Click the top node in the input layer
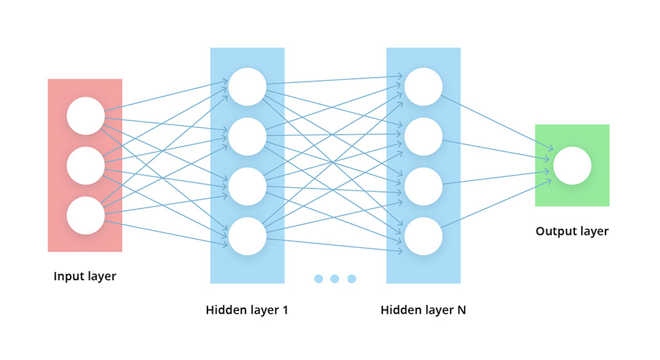[x=86, y=116]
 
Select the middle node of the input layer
[x=86, y=165]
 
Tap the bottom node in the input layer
[x=86, y=215]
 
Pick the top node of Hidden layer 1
[x=247, y=87]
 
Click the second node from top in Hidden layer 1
[x=247, y=137]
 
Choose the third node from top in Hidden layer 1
[x=247, y=186]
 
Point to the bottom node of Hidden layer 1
[x=247, y=236]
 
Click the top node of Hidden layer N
[x=423, y=87]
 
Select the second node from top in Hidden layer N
[x=423, y=137]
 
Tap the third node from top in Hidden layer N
[x=423, y=186]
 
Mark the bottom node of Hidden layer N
[x=423, y=236]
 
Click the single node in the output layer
[x=572, y=165]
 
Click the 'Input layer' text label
[x=85, y=276]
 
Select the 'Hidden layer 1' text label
[x=247, y=310]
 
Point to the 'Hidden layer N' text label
[x=423, y=310]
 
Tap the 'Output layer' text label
[x=572, y=231]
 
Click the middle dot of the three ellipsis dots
[x=335, y=278]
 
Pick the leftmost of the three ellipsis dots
[x=318, y=278]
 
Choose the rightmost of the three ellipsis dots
[x=352, y=278]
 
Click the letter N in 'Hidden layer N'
[x=461, y=310]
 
